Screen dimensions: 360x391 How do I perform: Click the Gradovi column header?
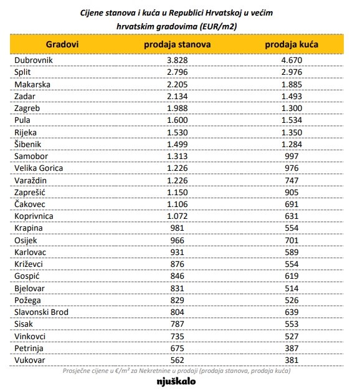[62, 44]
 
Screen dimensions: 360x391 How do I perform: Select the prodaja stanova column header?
[177, 45]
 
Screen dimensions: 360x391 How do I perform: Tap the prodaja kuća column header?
[291, 45]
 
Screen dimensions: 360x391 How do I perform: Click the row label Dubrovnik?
[34, 60]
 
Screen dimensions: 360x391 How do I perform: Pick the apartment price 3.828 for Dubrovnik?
[177, 60]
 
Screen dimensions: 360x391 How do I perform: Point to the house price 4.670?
[291, 60]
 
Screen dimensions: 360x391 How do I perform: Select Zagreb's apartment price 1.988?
[177, 109]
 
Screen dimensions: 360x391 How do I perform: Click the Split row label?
[22, 72]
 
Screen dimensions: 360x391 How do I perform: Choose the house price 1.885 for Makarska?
[291, 84]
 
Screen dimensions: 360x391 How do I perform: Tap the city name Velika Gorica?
[39, 168]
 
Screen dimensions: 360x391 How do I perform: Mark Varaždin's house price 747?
[291, 180]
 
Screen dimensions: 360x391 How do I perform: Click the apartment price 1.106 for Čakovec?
[177, 204]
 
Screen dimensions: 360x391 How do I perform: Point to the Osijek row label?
[26, 240]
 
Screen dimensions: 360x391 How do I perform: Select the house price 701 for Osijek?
[291, 240]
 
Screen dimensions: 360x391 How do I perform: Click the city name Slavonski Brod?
[41, 312]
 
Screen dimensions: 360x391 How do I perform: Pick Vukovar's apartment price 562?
[177, 360]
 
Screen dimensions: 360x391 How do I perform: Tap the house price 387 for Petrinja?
[291, 348]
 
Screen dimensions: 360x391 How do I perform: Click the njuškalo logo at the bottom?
[176, 382]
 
